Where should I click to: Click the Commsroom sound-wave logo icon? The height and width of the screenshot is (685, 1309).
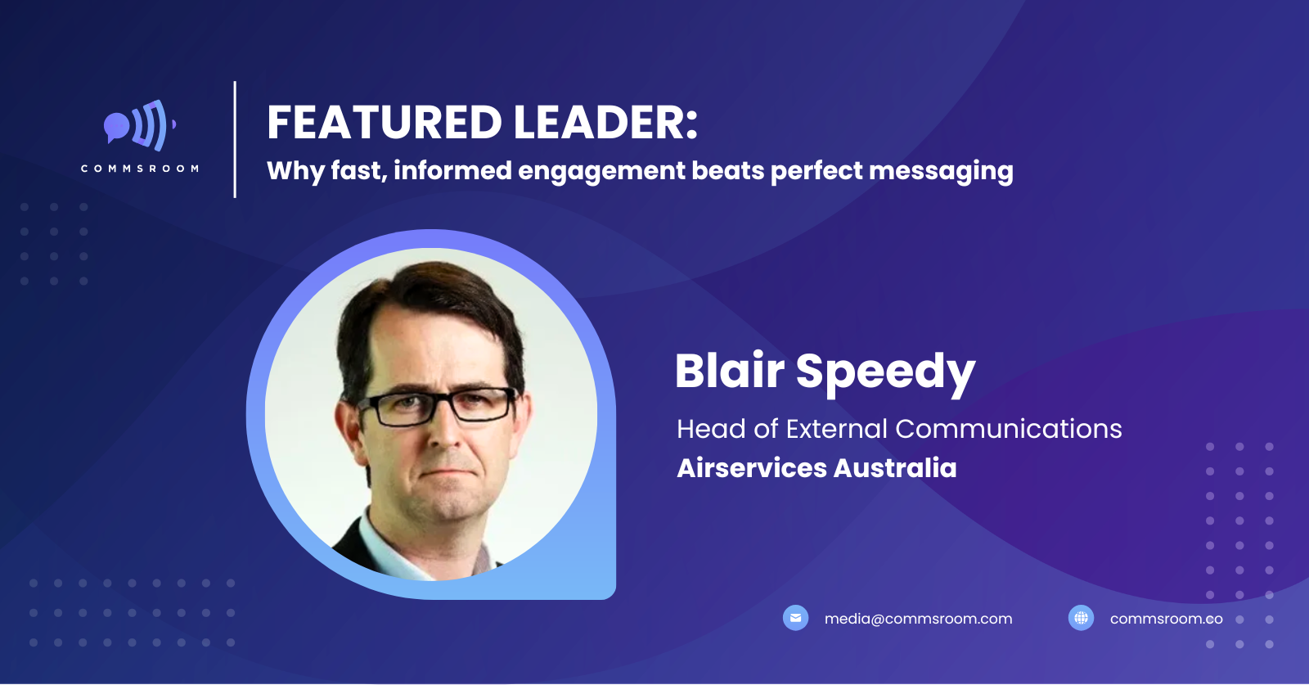click(x=140, y=125)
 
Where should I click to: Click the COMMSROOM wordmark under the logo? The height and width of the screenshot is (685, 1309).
click(x=140, y=169)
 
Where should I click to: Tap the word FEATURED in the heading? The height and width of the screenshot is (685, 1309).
click(x=384, y=122)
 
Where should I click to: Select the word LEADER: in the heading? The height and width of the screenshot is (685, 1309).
click(x=605, y=122)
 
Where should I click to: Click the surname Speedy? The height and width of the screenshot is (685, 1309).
click(x=886, y=374)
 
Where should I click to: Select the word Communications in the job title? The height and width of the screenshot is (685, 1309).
click(x=1008, y=429)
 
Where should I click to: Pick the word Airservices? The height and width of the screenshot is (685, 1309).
click(x=752, y=468)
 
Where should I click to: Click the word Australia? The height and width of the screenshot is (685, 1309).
click(x=895, y=468)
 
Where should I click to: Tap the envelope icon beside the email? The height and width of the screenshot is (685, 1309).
click(x=795, y=618)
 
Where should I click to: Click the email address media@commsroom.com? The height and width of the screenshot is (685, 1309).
click(x=918, y=619)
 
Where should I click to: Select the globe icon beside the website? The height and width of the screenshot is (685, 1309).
click(x=1081, y=618)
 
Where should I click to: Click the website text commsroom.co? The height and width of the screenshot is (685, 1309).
click(x=1167, y=619)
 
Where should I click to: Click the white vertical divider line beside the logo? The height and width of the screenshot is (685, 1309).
click(x=235, y=140)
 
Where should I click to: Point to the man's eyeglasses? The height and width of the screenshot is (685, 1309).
click(x=437, y=406)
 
